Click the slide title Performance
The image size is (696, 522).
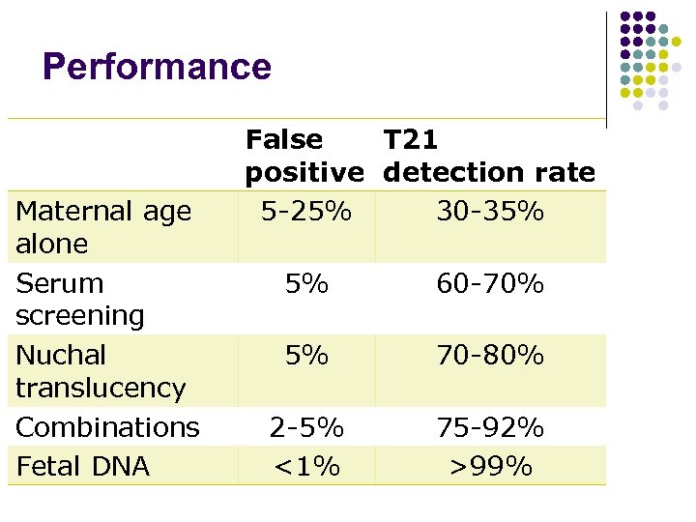point(157,67)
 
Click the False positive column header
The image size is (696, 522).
point(304,157)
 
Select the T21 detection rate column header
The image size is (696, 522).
point(489,157)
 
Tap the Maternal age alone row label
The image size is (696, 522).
point(103,227)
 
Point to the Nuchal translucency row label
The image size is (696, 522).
point(101,371)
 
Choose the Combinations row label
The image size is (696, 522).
point(108,427)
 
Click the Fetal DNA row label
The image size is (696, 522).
point(83,466)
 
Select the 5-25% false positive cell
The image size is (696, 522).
point(306,211)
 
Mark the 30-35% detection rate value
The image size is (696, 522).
point(490,211)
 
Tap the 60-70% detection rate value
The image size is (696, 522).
point(490,284)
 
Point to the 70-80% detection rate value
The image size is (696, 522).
point(490,356)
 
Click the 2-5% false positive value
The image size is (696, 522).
point(306,427)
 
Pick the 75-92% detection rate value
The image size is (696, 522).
point(490,427)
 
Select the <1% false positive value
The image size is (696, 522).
point(306,466)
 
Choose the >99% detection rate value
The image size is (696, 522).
point(490,466)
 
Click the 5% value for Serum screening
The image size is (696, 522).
point(306,284)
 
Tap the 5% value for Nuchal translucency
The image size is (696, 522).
point(306,356)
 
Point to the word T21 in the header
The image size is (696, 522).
point(411,140)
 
